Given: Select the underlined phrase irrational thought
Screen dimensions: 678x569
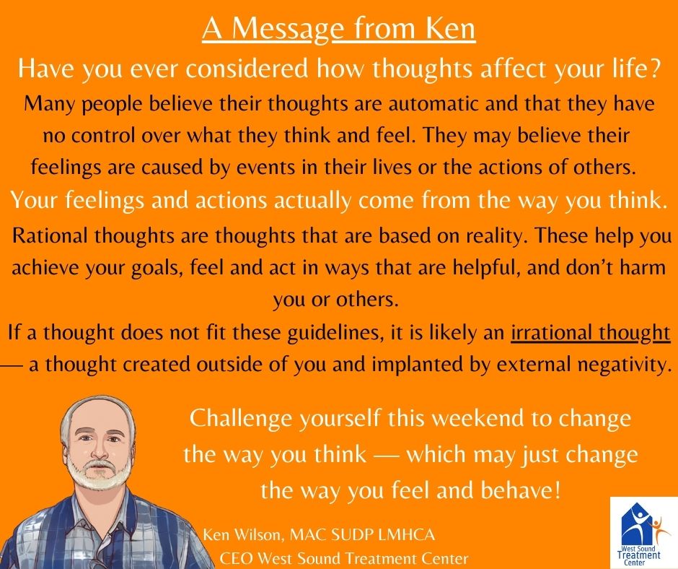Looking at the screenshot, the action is (591, 333).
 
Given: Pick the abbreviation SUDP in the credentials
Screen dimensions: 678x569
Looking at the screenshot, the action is (351, 535).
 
